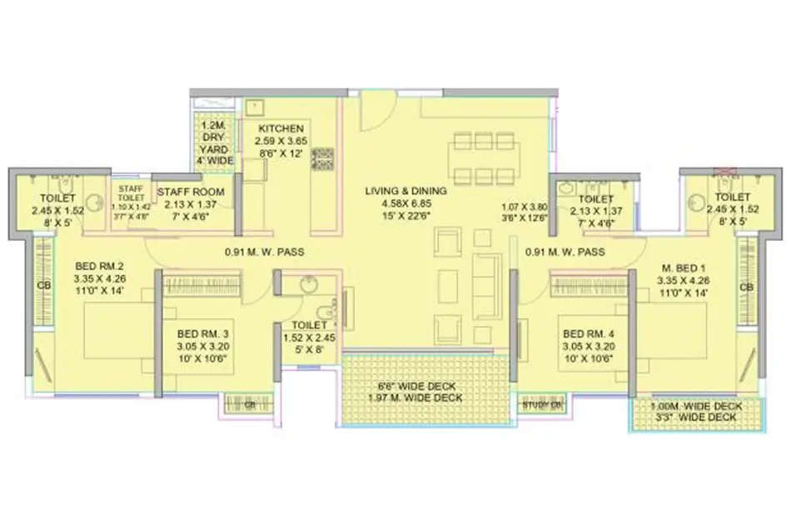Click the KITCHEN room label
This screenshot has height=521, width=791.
[x=280, y=129]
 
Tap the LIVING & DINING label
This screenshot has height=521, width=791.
[x=405, y=192]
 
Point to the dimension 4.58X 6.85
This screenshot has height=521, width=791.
[x=405, y=203]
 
